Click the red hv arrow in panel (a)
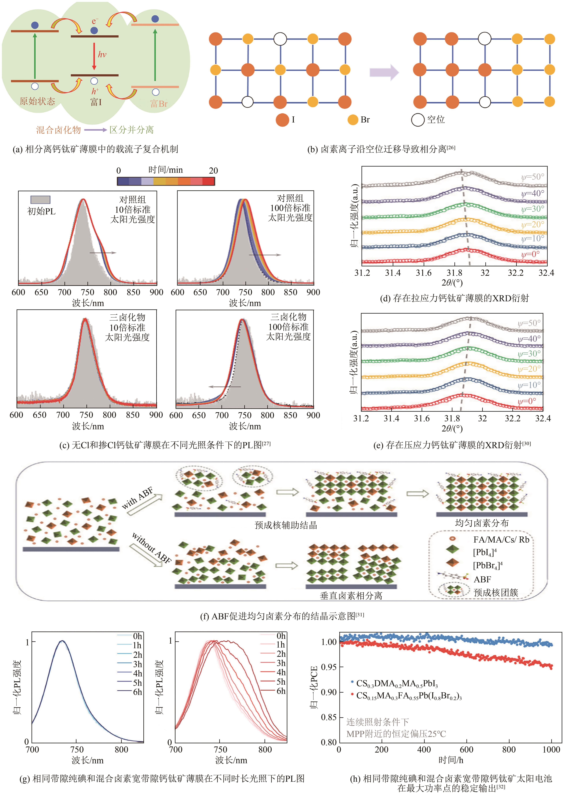click(94, 55)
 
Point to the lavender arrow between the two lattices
click(384, 72)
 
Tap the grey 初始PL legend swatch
click(40, 199)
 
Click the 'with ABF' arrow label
click(138, 498)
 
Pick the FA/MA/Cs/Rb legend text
click(501, 540)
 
